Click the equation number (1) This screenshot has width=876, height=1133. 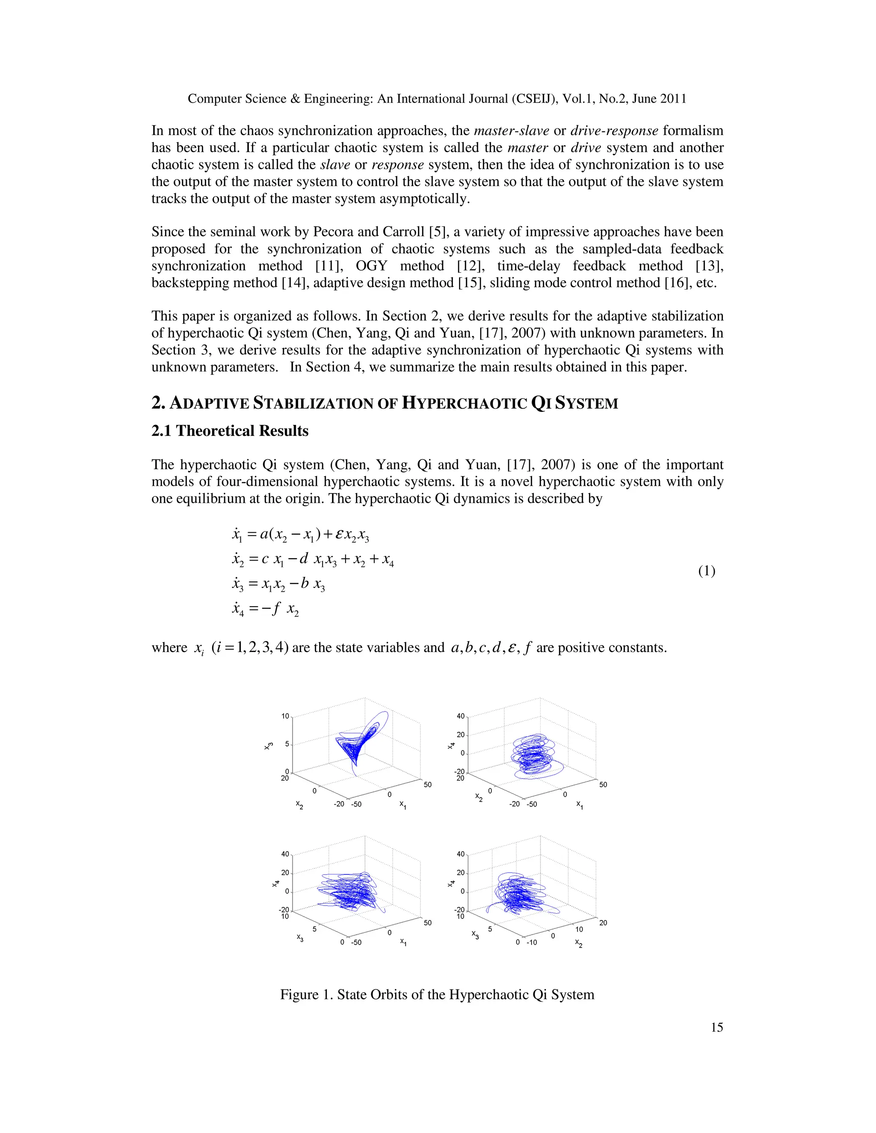pos(706,571)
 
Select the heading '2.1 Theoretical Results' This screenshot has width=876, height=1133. pos(230,431)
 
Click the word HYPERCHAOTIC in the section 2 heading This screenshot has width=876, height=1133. pos(464,404)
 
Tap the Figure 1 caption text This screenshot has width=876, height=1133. pos(437,994)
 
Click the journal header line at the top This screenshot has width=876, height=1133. pos(437,99)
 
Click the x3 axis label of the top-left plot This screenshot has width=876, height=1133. pos(268,746)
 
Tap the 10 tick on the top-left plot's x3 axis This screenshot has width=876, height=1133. pos(285,717)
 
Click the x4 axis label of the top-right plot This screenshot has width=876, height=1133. pos(451,746)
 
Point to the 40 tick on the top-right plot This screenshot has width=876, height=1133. pos(460,717)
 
